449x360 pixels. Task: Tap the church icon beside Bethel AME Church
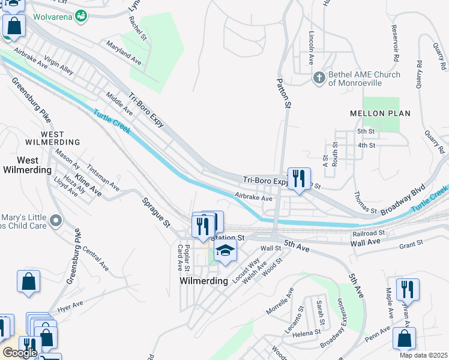[319, 77]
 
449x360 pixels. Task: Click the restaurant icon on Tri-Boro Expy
[299, 178]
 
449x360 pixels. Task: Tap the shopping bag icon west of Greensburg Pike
[28, 281]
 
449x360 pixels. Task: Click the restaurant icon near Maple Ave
[408, 289]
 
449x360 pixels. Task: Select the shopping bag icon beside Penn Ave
[404, 338]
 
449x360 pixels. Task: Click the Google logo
[20, 352]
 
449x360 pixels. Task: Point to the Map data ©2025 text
[423, 355]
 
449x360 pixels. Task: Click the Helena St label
[307, 333]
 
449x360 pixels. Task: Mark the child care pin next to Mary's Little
[55, 221]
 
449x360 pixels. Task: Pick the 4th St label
[366, 145]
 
